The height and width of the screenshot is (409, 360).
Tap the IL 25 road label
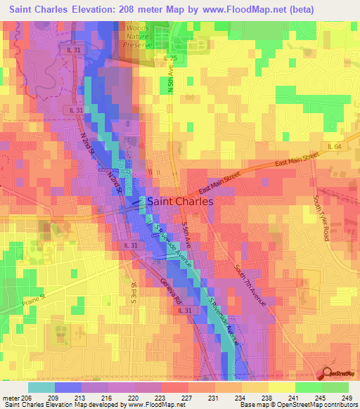pos(169,58)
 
